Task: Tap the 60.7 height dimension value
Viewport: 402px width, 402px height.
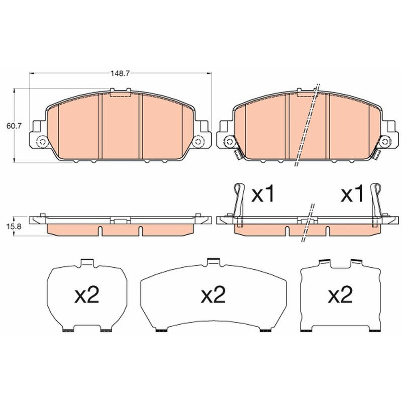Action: click(14, 126)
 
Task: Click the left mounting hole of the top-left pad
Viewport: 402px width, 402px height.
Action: click(43, 142)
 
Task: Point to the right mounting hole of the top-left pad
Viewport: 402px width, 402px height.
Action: click(198, 142)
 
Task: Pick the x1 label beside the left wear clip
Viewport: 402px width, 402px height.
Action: click(263, 194)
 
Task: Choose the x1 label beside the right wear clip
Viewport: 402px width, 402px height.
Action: click(352, 194)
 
